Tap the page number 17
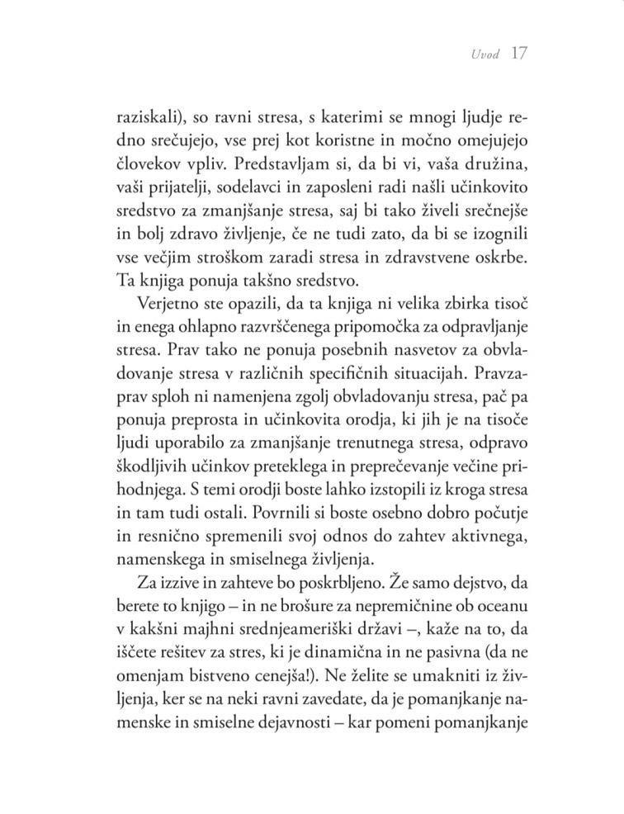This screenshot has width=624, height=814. pyautogui.click(x=518, y=54)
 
